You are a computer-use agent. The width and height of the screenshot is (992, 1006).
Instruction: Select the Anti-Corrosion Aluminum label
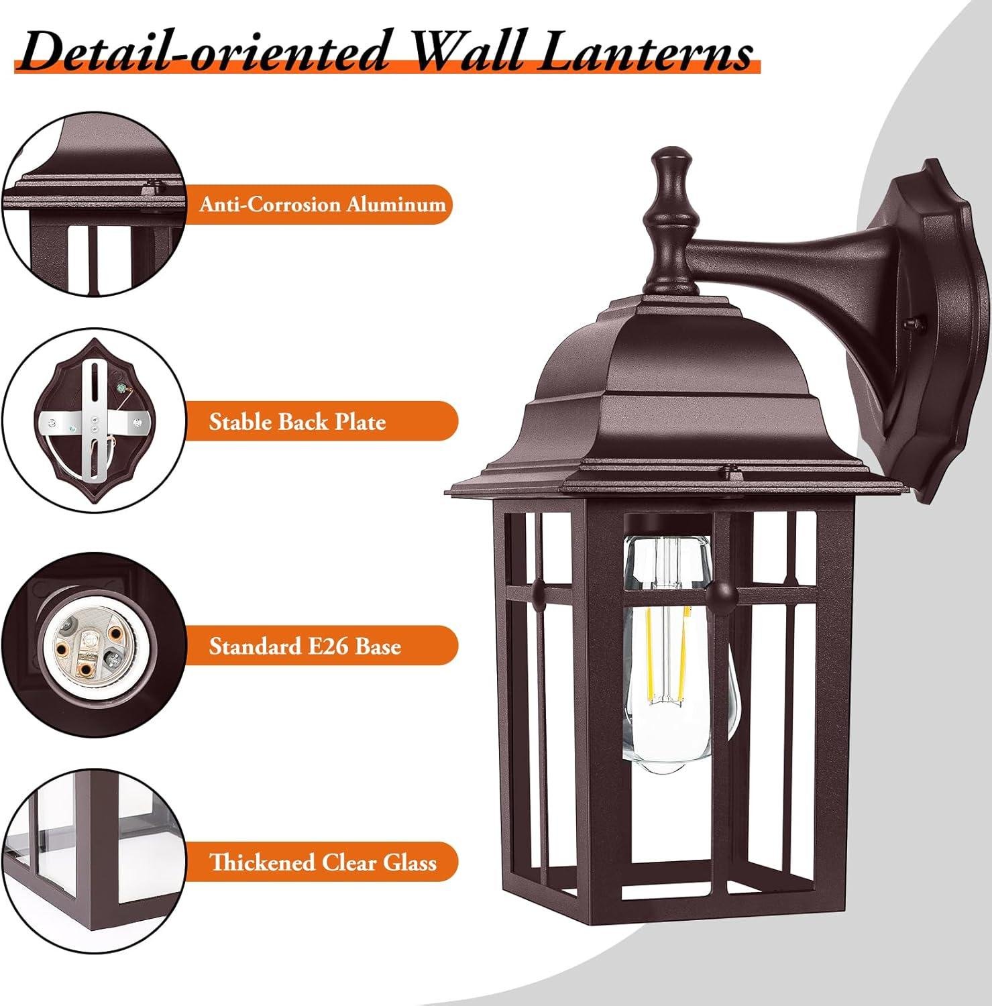pyautogui.click(x=323, y=204)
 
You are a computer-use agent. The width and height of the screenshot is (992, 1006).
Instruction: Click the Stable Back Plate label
pyautogui.click(x=297, y=422)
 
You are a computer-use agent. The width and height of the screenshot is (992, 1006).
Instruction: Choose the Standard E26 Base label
pyautogui.click(x=305, y=646)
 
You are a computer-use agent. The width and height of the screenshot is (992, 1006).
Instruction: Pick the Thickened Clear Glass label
pyautogui.click(x=323, y=862)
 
